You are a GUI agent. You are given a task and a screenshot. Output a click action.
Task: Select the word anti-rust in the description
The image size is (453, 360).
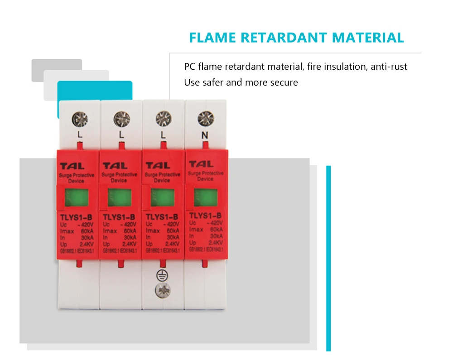(389, 67)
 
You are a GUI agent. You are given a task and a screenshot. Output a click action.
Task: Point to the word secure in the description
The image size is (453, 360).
(284, 82)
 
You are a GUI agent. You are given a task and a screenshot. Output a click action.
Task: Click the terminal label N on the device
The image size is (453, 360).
(204, 134)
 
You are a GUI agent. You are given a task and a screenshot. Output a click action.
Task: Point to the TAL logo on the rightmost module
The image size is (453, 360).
(201, 164)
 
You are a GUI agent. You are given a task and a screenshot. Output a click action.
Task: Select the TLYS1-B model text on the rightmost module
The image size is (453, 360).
(205, 215)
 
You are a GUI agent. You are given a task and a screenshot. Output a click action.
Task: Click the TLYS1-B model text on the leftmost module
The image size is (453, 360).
(77, 217)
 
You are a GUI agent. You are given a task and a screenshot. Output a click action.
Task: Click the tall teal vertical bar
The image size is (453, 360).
(328, 258)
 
